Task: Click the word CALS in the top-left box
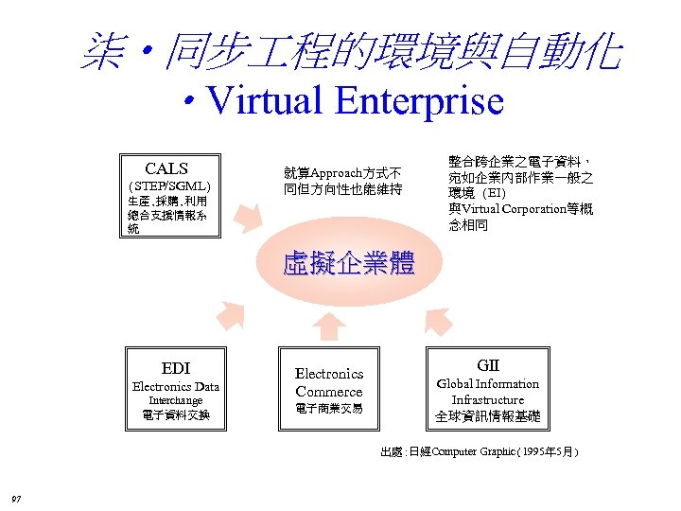click(166, 169)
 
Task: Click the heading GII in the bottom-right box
click(488, 365)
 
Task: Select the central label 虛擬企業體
click(349, 262)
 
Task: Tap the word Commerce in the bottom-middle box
click(328, 392)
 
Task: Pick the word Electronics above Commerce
click(329, 374)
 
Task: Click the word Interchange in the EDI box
click(175, 400)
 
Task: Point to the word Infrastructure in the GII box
click(487, 399)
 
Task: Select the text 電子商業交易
click(328, 409)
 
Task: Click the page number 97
click(16, 499)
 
